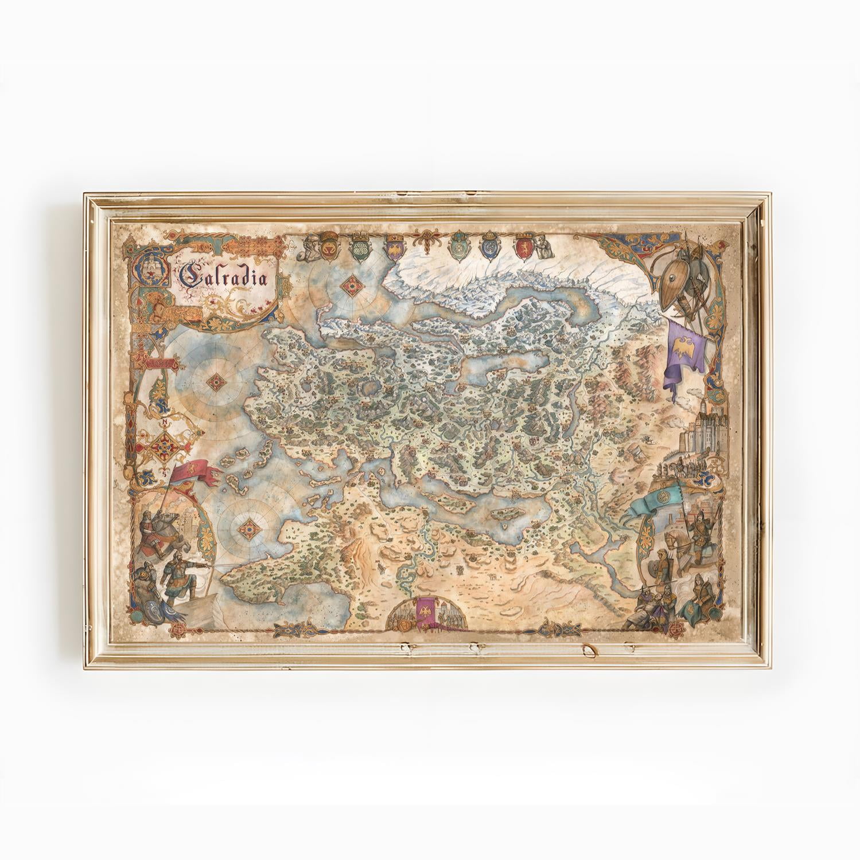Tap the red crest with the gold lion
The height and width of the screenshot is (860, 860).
click(x=524, y=246)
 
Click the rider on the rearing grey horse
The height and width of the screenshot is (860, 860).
click(x=151, y=527)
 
